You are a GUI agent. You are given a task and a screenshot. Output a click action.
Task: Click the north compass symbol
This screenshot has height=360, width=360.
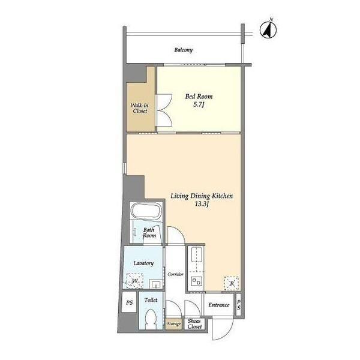[x=268, y=29]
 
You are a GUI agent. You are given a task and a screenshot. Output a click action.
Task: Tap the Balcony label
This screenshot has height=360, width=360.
[x=183, y=50]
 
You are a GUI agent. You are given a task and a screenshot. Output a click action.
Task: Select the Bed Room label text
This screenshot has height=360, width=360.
[x=199, y=97]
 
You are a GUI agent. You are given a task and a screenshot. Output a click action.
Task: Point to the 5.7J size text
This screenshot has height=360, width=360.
[x=199, y=104]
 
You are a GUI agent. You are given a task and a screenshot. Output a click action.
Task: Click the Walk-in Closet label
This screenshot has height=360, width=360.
[x=140, y=109]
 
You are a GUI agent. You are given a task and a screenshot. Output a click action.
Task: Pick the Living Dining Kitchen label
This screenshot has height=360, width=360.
[x=202, y=196]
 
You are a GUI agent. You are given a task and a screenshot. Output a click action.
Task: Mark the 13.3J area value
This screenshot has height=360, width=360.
[x=202, y=204]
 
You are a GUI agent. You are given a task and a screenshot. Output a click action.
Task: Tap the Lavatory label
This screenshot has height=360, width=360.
[x=143, y=263]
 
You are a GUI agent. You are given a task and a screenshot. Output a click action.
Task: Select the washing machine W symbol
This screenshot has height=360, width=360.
[x=135, y=281]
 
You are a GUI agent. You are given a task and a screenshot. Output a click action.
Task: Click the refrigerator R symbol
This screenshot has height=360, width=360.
[x=232, y=284]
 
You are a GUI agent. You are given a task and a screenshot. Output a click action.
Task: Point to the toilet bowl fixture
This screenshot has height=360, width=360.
[x=151, y=319]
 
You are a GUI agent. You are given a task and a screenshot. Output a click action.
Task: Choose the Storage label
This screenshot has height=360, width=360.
[x=174, y=324]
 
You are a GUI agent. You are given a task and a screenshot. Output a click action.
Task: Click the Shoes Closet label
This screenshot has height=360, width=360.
[x=194, y=324]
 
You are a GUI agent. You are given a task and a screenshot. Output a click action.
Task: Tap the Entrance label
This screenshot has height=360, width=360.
[x=219, y=305]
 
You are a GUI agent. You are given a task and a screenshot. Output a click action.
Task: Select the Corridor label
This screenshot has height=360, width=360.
[x=175, y=274]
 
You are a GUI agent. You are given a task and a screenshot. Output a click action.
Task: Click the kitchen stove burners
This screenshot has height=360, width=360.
[x=197, y=281]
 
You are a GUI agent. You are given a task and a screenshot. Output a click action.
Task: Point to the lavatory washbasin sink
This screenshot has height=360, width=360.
[x=157, y=284]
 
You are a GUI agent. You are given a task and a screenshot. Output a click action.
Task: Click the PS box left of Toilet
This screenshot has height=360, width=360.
[x=129, y=302]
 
